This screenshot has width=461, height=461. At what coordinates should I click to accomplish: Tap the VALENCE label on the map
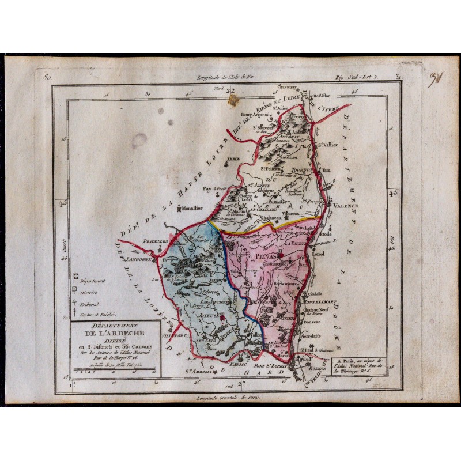pyautogui.click(x=345, y=205)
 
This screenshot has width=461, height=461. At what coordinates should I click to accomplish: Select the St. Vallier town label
pyautogui.click(x=328, y=145)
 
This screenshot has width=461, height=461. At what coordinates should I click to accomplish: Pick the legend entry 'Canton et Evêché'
pyautogui.click(x=98, y=315)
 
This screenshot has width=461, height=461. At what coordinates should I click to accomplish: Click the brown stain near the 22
pyautogui.click(x=233, y=101)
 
